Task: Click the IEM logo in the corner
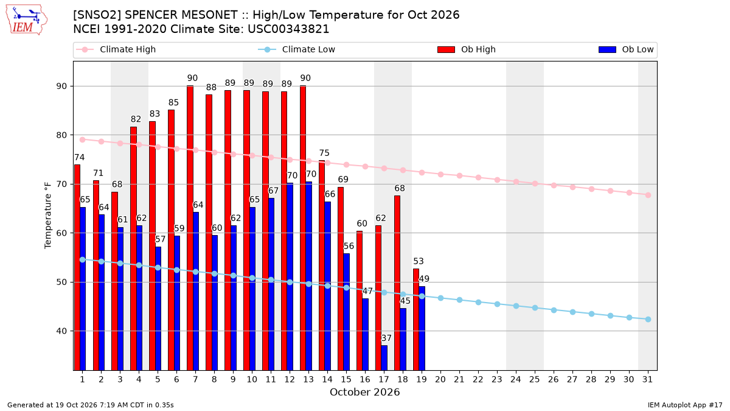(27, 20)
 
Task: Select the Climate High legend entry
(116, 49)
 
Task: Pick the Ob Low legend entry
(626, 49)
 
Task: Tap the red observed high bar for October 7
(190, 228)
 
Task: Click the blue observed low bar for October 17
(384, 358)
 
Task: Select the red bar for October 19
(416, 319)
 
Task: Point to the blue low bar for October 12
(290, 276)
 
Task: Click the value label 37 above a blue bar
(386, 339)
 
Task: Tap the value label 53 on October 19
(419, 261)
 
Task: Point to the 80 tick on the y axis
(61, 135)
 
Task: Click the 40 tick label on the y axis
(61, 331)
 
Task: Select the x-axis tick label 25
(535, 380)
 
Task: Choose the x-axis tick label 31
(647, 380)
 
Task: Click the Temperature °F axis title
(48, 216)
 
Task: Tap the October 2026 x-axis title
(364, 392)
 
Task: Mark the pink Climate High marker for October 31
(648, 195)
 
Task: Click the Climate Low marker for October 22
(478, 303)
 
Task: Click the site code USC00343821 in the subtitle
(288, 29)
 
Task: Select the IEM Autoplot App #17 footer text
(685, 405)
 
